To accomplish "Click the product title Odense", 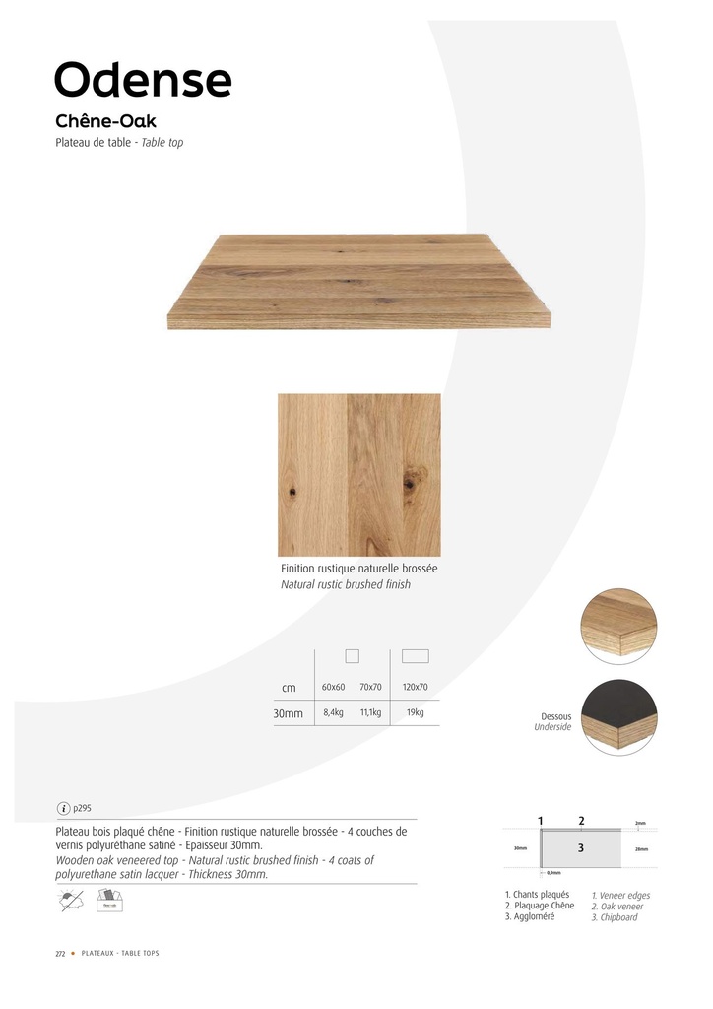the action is click(144, 79).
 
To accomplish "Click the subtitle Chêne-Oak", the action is click(106, 122).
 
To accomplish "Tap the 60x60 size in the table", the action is click(333, 687).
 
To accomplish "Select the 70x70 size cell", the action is click(370, 687).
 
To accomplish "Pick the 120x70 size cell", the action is click(416, 687).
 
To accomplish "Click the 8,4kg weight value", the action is click(333, 712).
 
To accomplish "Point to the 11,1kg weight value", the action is click(370, 712).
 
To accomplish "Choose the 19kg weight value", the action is click(416, 712).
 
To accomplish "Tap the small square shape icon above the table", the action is click(352, 656).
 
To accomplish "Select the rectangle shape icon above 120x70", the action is click(416, 656).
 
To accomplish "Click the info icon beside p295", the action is click(64, 809).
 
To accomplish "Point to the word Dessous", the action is click(556, 716).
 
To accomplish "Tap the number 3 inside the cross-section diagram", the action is click(581, 847).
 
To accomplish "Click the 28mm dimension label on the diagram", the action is click(641, 848).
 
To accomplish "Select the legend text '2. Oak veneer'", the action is click(617, 907).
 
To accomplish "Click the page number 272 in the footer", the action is click(59, 954).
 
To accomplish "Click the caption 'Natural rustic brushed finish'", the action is click(346, 584).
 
